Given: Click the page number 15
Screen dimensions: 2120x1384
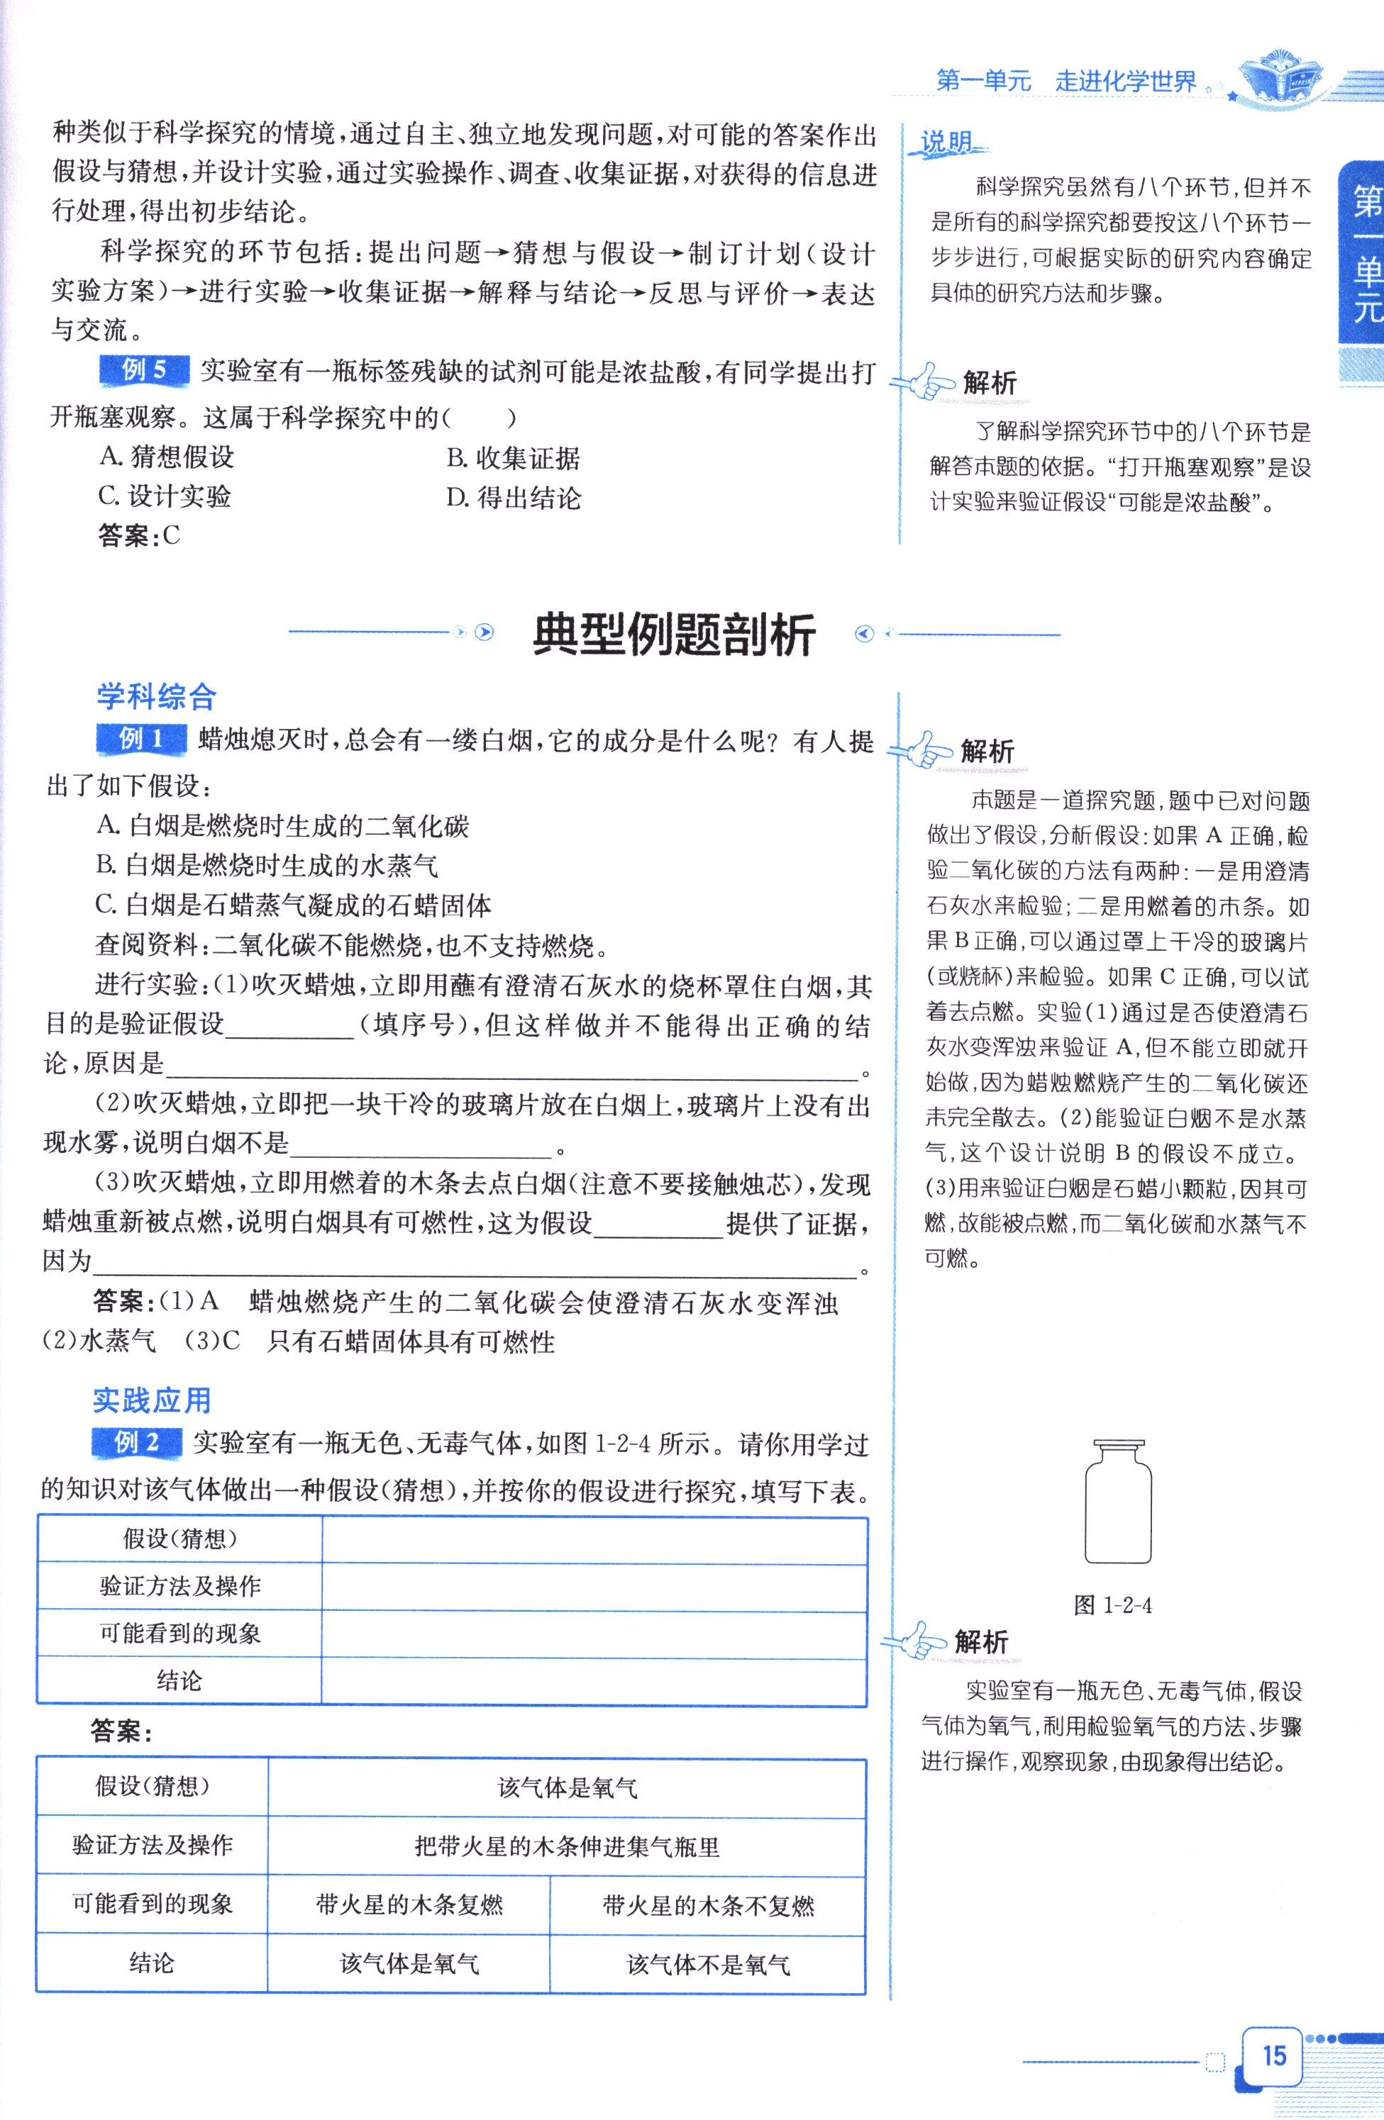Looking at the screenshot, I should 1273,2054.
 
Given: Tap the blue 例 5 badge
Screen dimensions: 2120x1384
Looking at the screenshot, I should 143,369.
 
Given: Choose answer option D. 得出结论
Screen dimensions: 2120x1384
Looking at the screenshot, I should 514,497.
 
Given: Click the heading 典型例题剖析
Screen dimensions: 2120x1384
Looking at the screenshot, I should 674,635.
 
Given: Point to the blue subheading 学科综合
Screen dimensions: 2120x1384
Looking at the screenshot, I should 156,696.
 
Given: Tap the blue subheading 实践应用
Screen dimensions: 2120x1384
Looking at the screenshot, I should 152,1400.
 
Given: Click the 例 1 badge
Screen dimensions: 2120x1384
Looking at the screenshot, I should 140,738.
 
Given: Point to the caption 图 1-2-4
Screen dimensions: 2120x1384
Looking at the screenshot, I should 1113,1605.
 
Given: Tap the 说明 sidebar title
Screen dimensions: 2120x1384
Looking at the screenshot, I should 946,143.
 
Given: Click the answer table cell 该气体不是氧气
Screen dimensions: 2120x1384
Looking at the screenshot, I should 707,1964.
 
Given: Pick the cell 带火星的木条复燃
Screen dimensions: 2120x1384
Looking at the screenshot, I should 409,1904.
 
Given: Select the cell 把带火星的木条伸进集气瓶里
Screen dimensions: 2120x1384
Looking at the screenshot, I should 567,1846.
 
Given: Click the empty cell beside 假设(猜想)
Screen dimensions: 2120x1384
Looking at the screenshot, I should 594,1539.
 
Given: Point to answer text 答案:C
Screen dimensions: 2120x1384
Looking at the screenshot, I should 139,535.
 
